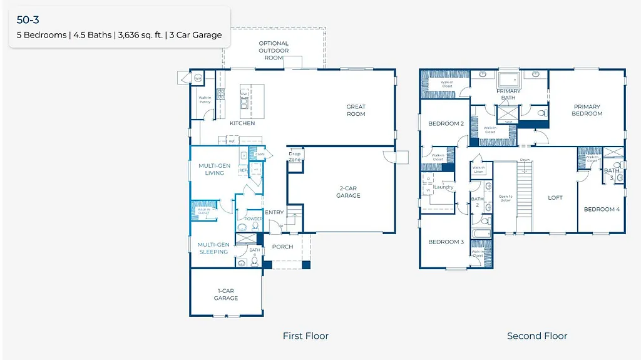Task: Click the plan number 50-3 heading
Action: (x=28, y=20)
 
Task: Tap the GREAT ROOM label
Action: (x=356, y=110)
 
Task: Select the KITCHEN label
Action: (x=242, y=123)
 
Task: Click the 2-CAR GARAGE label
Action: (x=348, y=192)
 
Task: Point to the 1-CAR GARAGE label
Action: (x=225, y=294)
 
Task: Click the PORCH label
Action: (x=282, y=247)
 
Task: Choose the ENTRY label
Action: (x=274, y=213)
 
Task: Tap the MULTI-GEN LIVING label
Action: (x=215, y=169)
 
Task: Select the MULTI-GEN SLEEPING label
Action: (x=213, y=248)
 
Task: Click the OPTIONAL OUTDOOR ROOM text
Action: (x=274, y=50)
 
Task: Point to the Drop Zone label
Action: (x=294, y=157)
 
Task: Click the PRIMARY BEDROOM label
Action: (x=587, y=110)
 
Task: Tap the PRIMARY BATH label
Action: (x=508, y=94)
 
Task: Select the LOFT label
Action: (x=555, y=197)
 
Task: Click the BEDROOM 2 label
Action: (x=446, y=123)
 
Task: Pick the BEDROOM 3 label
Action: (x=446, y=242)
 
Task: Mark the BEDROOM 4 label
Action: (x=602, y=209)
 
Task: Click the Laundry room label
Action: (x=443, y=187)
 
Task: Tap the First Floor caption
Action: (x=305, y=336)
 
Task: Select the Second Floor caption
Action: (x=537, y=336)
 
